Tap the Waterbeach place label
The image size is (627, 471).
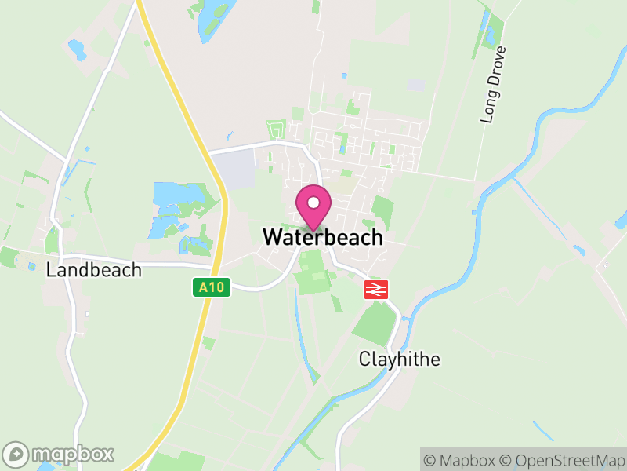323,237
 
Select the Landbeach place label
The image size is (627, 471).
94,270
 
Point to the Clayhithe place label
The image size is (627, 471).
400,360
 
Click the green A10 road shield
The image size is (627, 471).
212,288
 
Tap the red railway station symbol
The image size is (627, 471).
375,290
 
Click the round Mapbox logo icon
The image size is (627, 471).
16,454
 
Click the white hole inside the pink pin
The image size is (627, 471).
313,203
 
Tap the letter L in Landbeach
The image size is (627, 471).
51,270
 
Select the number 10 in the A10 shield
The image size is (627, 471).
216,288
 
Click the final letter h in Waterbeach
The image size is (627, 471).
377,237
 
